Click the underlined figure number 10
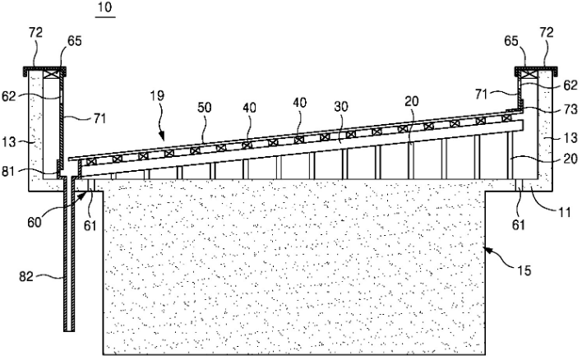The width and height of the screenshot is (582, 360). point(105,7)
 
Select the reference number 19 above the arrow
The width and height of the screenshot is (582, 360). point(157,95)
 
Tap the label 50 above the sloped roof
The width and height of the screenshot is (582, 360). point(204,107)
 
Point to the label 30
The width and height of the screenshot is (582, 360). point(341,107)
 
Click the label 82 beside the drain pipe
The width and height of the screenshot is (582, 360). point(26,276)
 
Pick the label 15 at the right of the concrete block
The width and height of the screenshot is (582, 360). point(524,270)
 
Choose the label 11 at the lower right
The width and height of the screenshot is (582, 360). point(564,212)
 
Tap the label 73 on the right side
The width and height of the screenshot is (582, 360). point(570,109)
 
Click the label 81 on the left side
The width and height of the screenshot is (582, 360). point(9,172)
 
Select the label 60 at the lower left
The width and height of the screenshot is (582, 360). point(35,222)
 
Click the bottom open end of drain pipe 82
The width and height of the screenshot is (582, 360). point(69,330)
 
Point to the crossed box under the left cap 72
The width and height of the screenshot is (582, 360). point(51,75)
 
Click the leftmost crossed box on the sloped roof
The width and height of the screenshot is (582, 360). point(91,161)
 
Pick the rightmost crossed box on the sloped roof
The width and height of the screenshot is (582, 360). point(506,118)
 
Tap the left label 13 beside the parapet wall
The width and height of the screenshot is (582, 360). point(9,141)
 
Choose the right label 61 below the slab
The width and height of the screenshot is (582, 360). point(518,224)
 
